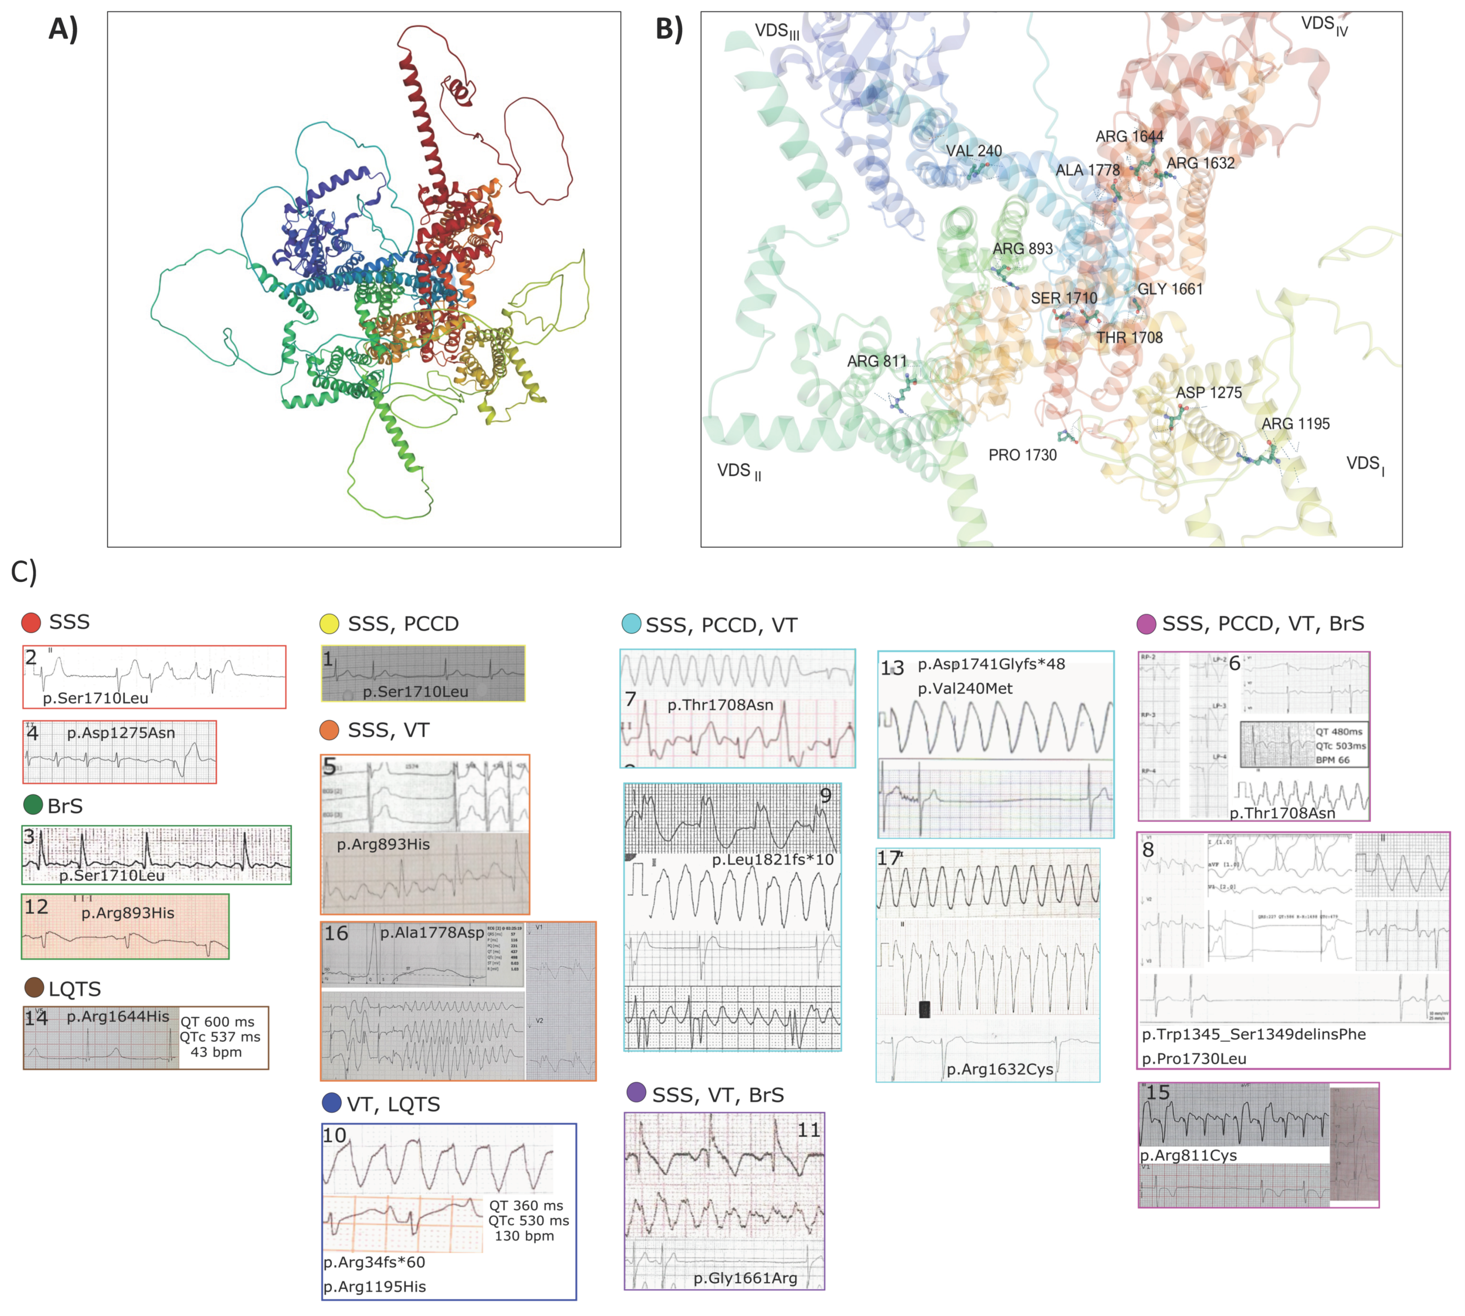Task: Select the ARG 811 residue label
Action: (876, 361)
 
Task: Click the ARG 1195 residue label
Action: (1295, 424)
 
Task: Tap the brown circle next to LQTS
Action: (34, 988)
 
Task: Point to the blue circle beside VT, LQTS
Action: (331, 1103)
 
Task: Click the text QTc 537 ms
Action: (220, 1037)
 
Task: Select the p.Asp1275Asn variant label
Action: (121, 732)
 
